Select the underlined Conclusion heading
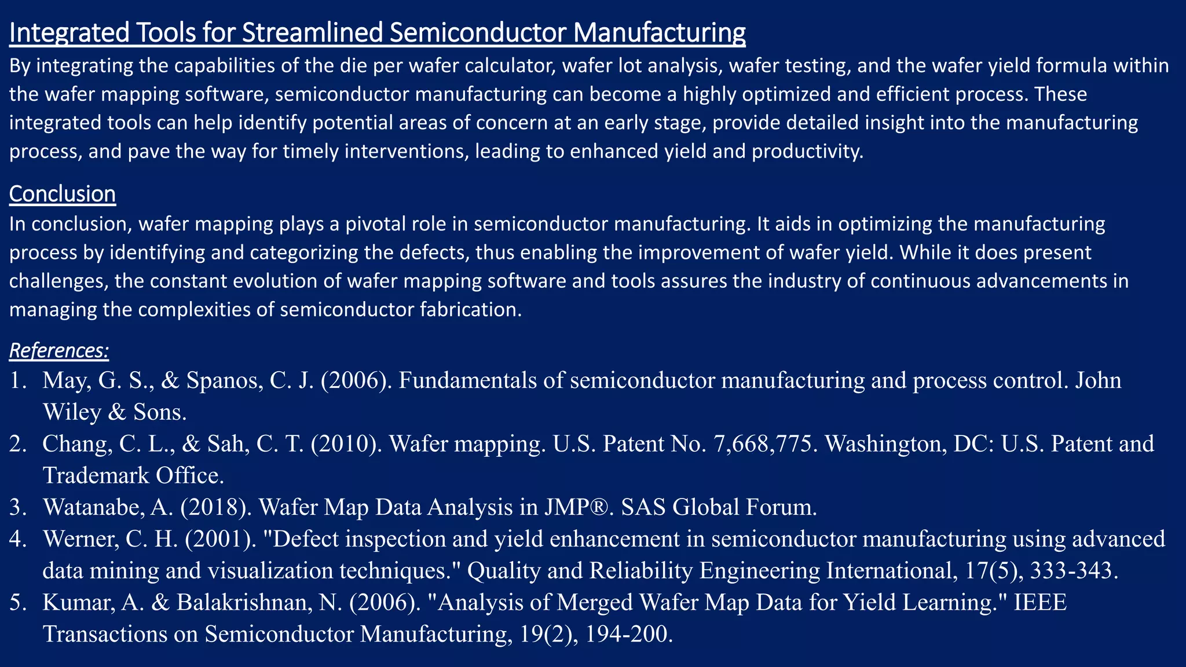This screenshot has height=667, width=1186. pos(63,194)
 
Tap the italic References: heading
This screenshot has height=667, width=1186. pos(59,351)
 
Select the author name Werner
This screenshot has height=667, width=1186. pos(82,539)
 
